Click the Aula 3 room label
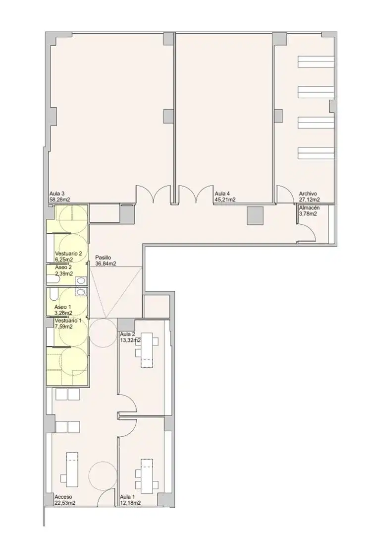[55, 194]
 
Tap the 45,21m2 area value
[225, 200]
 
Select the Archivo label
[308, 194]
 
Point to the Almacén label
[309, 208]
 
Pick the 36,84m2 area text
[106, 264]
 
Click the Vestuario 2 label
[68, 254]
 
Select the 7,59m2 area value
[63, 327]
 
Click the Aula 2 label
[127, 334]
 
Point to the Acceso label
[63, 497]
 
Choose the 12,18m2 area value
[131, 503]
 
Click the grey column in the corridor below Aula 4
[256, 216]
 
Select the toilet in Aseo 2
[53, 280]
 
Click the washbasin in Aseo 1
[81, 292]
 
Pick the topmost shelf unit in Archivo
[316, 62]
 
